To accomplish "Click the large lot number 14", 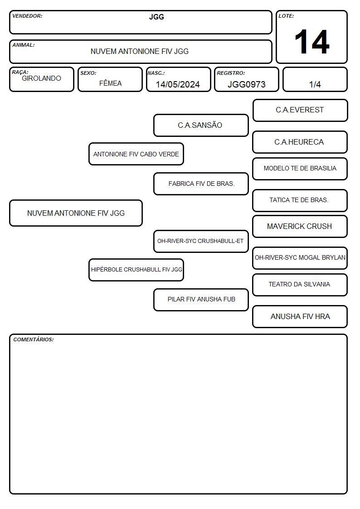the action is (311, 42).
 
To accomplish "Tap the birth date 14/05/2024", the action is (178, 84).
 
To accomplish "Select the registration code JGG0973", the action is (246, 84).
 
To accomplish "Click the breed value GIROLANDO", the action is (42, 78).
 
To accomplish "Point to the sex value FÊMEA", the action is (110, 83).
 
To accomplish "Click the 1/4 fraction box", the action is (315, 79).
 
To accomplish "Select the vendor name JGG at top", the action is (156, 17).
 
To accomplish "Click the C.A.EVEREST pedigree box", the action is (300, 111).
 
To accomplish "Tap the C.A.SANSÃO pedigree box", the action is (201, 125).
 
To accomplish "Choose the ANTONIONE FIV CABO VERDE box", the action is (136, 154).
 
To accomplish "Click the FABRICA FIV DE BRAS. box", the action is (201, 184).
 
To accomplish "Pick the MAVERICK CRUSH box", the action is (300, 227).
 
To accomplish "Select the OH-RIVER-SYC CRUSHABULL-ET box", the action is (201, 241).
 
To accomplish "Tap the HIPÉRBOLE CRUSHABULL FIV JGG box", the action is (136, 270).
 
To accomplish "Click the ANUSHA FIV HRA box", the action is (300, 316).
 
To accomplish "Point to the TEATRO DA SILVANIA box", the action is (300, 285).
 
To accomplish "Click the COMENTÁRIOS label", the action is (34, 339).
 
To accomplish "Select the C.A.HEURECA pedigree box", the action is (300, 142).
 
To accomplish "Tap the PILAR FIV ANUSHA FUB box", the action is (201, 300).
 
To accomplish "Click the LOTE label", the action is (286, 16).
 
